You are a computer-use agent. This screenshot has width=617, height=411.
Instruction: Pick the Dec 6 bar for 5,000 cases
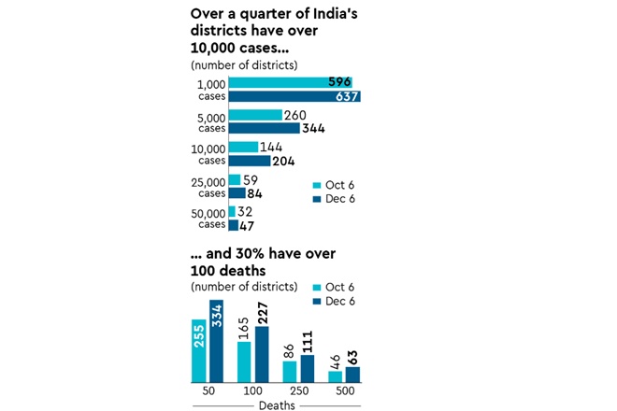[x=264, y=128]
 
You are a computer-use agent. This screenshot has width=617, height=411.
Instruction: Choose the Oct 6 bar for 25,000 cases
[x=234, y=179]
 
